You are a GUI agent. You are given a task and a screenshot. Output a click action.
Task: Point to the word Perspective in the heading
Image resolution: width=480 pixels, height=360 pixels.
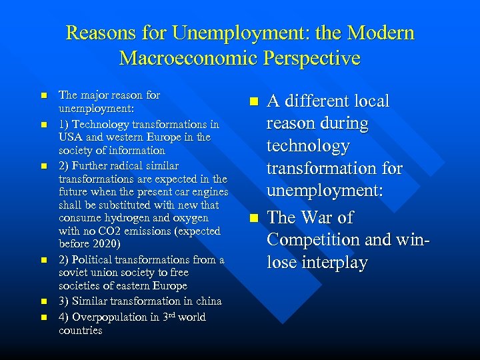(315, 58)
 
